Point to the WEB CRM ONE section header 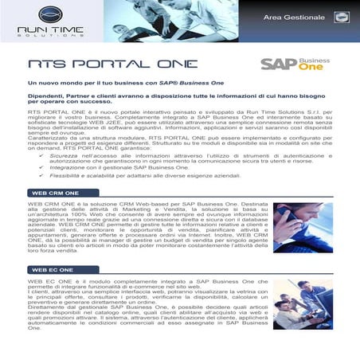54,193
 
